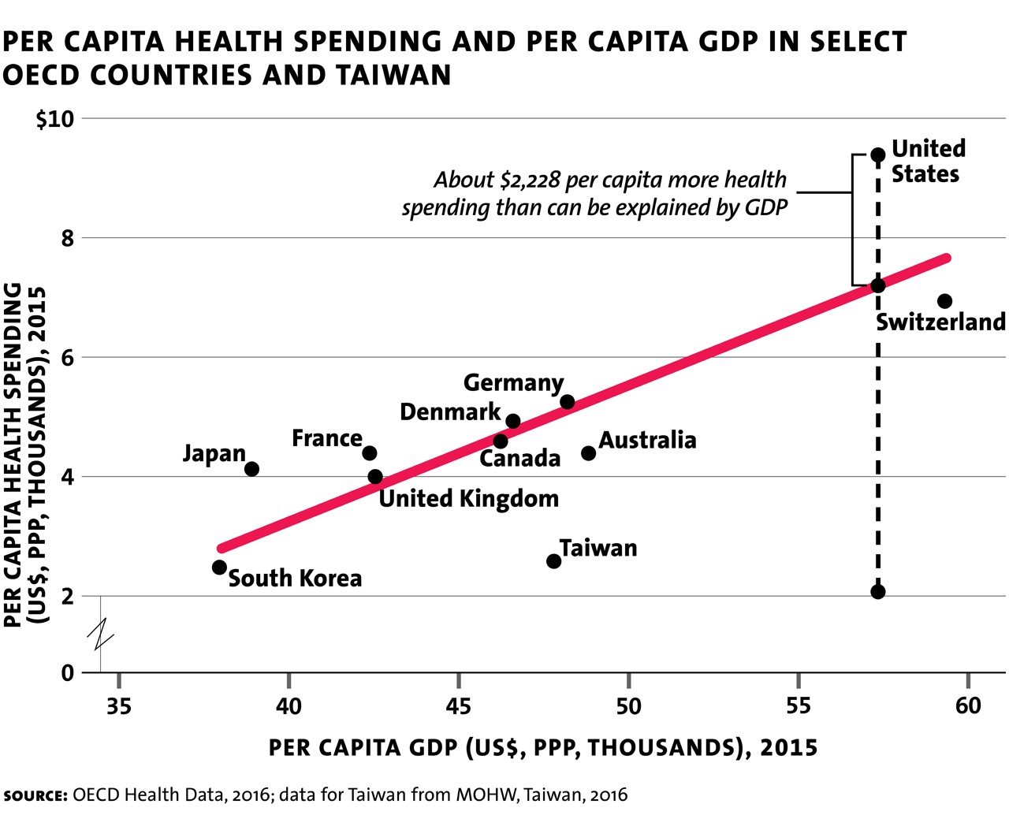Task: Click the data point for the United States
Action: pyautogui.click(x=878, y=154)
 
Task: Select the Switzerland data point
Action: pyautogui.click(x=944, y=301)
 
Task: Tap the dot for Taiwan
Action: pyautogui.click(x=553, y=561)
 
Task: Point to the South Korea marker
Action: pyautogui.click(x=219, y=568)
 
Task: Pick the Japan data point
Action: pyautogui.click(x=251, y=469)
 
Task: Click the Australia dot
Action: pyautogui.click(x=588, y=453)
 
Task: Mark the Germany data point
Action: pyautogui.click(x=567, y=402)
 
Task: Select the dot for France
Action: pyautogui.click(x=369, y=453)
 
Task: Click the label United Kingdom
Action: pyautogui.click(x=469, y=499)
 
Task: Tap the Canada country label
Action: pyautogui.click(x=519, y=459)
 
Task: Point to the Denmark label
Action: pyautogui.click(x=450, y=412)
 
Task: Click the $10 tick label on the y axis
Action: pyautogui.click(x=54, y=120)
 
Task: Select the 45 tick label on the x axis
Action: pyautogui.click(x=459, y=705)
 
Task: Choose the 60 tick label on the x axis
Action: pyautogui.click(x=968, y=705)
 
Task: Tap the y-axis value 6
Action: pyautogui.click(x=67, y=358)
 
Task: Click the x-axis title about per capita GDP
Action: pyautogui.click(x=543, y=747)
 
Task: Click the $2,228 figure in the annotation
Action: pyautogui.click(x=531, y=181)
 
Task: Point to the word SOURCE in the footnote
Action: pyautogui.click(x=35, y=795)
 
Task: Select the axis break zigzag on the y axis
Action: pyautogui.click(x=101, y=634)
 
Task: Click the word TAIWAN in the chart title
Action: pyautogui.click(x=393, y=76)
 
